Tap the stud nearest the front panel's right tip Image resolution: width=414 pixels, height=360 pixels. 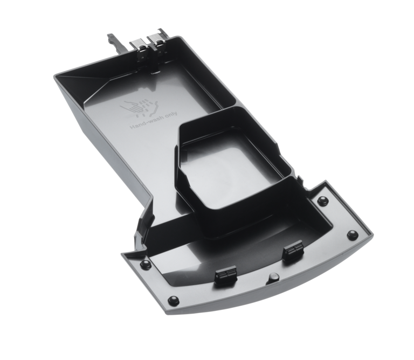coord(351,235)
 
